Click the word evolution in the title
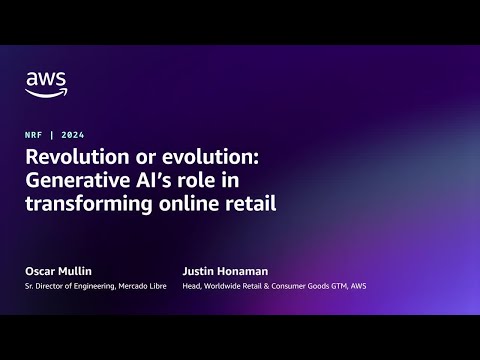[x=198, y=158]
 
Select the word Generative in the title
[x=85, y=181]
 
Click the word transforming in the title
[x=89, y=204]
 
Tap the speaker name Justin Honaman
[x=226, y=272]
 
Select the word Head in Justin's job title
[x=194, y=288]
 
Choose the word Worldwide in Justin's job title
[x=228, y=288]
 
